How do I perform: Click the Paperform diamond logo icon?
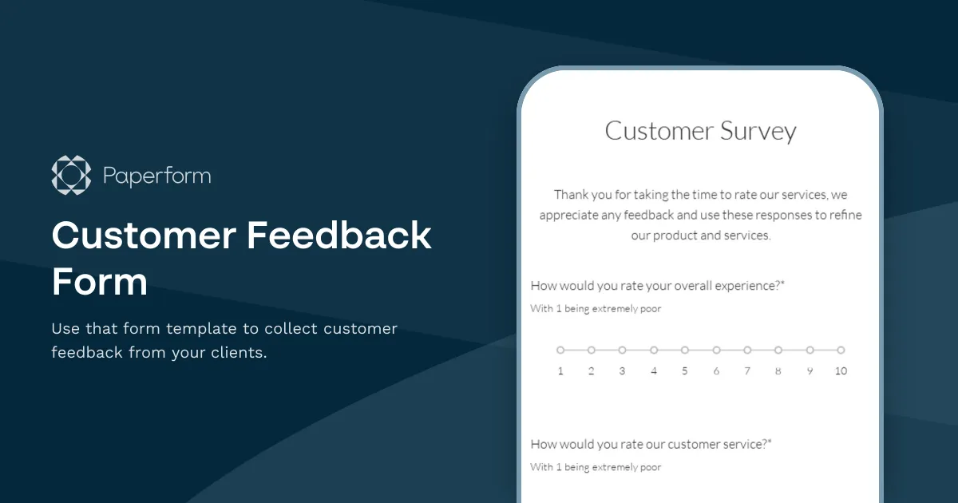coord(72,176)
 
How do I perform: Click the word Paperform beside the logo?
coord(157,176)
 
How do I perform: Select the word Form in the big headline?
coord(100,282)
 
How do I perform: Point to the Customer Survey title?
coord(700,131)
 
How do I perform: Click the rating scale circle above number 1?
coord(560,350)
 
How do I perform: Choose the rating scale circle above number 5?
coord(685,350)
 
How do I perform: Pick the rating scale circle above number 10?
coord(841,350)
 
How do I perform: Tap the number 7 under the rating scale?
coord(747,371)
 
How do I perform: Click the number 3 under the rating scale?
coord(622,371)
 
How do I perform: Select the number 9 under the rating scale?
coord(810,371)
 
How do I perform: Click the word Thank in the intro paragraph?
coord(571,195)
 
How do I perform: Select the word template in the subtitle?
coord(206,329)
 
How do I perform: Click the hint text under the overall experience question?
coord(596,309)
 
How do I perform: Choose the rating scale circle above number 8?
coord(778,350)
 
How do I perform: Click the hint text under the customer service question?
coord(596,467)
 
